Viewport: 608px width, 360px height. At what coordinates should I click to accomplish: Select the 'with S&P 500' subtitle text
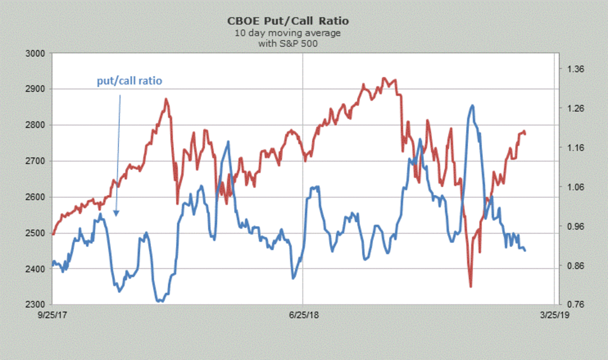[281, 43]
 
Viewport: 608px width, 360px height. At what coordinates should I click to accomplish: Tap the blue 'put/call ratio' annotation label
[130, 81]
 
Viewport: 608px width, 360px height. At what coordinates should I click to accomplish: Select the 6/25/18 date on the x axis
[302, 315]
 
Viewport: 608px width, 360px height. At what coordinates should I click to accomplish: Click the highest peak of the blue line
[472, 105]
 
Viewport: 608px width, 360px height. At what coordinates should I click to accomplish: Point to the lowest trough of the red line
[471, 286]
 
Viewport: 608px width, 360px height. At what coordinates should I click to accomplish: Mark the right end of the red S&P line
[525, 134]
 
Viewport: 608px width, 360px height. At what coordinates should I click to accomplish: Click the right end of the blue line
[525, 250]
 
